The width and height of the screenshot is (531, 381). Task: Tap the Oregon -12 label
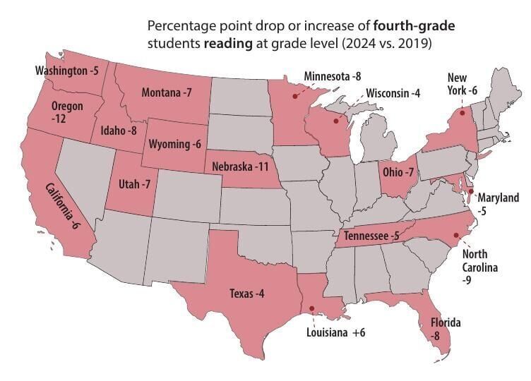67,113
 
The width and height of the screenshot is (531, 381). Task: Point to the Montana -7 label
167,93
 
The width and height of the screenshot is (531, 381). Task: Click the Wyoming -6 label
174,144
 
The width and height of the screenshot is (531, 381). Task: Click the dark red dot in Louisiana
311,308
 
